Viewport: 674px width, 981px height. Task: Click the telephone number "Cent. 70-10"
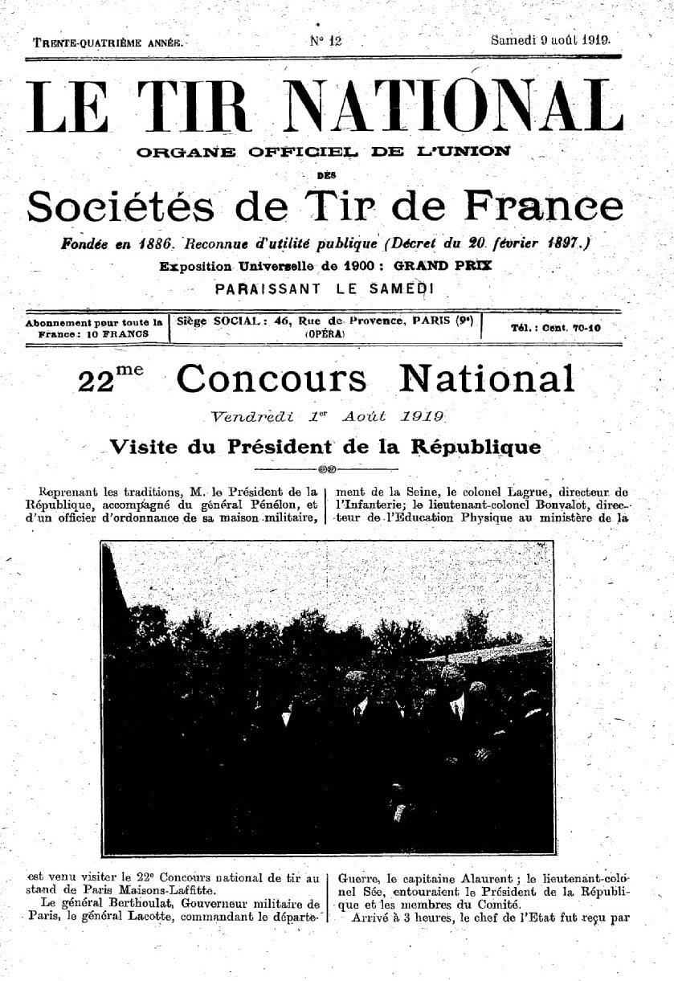571,327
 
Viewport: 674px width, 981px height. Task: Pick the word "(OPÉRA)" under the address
325,333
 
